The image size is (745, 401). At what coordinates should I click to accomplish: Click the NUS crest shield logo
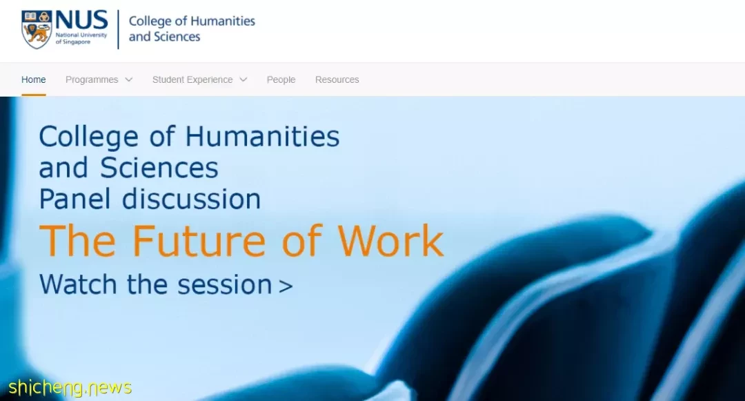coord(37,30)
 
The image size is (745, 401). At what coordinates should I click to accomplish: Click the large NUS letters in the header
coord(81,21)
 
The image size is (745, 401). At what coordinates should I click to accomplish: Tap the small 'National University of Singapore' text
coord(81,38)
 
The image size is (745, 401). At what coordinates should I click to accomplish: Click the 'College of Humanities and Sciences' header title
coord(192,28)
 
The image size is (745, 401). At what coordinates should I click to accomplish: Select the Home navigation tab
coord(34,80)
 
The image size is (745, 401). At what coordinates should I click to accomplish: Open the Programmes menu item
coord(92,80)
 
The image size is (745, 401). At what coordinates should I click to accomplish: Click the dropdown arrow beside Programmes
coord(129,80)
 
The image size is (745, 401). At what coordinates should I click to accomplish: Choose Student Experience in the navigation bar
coord(192,80)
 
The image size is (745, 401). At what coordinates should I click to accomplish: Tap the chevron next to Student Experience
coord(244,80)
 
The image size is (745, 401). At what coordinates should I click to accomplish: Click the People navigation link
coord(281,80)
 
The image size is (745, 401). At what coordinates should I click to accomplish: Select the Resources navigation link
coord(337,80)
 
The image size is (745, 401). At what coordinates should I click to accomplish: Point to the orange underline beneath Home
coord(34,95)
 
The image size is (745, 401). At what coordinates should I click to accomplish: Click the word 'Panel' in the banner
coord(75,199)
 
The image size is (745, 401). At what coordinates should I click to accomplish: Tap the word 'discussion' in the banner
coord(192,199)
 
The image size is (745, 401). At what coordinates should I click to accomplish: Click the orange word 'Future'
coord(199,241)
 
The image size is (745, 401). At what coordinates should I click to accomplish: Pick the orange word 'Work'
coord(390,241)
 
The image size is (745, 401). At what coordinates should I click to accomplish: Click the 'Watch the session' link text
coord(155,284)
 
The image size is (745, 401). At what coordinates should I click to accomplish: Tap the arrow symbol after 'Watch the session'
coord(286,286)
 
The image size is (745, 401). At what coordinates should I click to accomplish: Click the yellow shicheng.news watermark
coord(70,388)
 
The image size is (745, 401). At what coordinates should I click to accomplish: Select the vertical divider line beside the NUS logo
coord(118,30)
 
